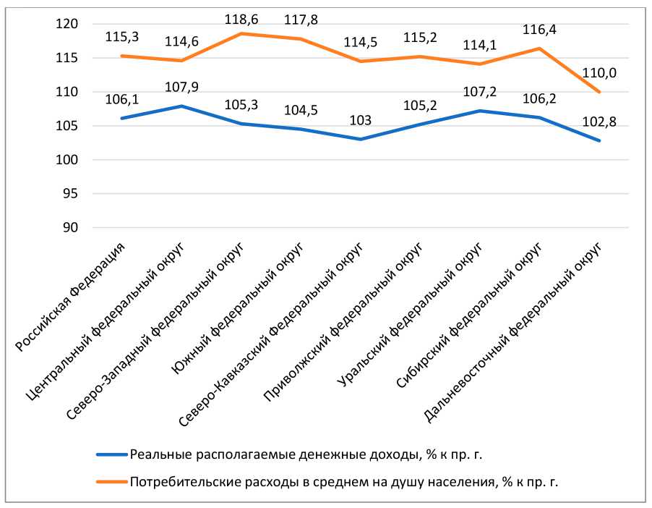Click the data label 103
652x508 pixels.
(x=361, y=119)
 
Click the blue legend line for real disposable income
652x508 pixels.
(x=111, y=455)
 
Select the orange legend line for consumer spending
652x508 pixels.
(x=111, y=480)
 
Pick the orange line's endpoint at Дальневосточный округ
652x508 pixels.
(x=599, y=92)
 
